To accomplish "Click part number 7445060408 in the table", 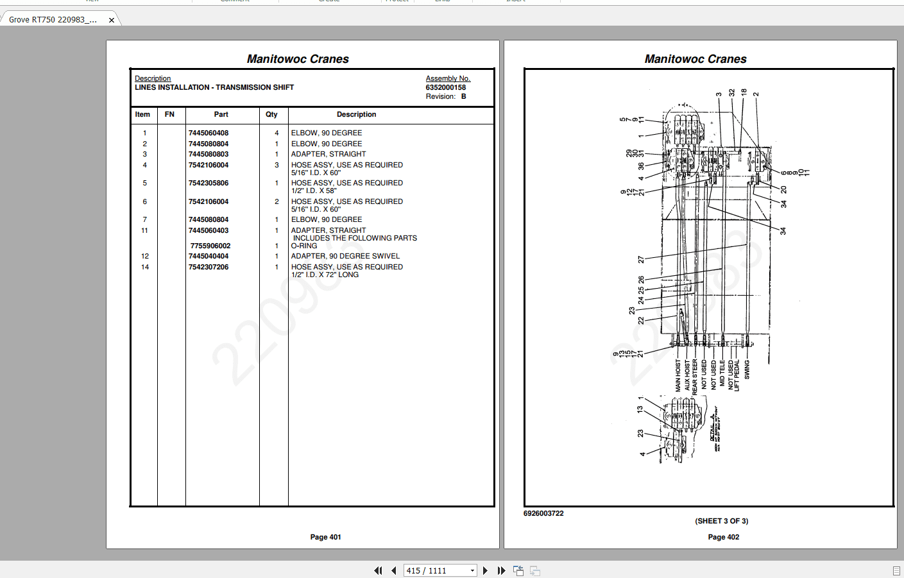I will coord(208,133).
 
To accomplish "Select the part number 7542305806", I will coord(208,183).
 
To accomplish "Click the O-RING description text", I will coord(304,246).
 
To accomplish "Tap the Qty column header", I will coord(271,115).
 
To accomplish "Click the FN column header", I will coord(169,115).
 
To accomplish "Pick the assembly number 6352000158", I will coord(445,88).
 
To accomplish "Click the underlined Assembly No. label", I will coord(448,79).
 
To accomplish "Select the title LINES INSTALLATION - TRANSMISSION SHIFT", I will coord(214,88).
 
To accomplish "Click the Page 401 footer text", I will coord(325,538).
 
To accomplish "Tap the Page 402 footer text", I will coord(723,538).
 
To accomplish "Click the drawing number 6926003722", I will coord(543,514).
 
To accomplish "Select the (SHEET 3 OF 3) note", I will coord(721,522).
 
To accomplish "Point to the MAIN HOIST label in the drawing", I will coord(678,375).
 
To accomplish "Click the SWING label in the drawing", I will coord(747,370).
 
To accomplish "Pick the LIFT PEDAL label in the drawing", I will coord(737,375).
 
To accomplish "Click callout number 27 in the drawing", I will coord(641,260).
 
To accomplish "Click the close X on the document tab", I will coord(112,21).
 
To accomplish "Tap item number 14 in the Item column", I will coord(145,268).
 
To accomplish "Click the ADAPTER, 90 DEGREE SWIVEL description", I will coord(345,257).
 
